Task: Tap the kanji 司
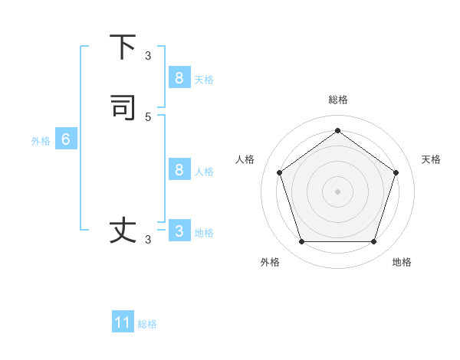[123, 107]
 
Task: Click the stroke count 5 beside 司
[148, 117]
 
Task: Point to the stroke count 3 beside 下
[148, 56]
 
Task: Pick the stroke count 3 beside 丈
[148, 240]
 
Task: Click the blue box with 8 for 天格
[179, 78]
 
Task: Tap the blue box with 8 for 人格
[179, 170]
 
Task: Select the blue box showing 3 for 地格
[179, 231]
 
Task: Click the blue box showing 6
[65, 139]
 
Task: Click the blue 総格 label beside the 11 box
[147, 324]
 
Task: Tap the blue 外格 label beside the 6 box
[41, 141]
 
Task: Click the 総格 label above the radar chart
[337, 100]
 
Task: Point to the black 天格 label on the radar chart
[431, 159]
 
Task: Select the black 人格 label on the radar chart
[245, 159]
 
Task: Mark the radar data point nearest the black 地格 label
[373, 242]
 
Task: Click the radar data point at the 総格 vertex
[337, 130]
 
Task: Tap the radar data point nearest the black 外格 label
[301, 242]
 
